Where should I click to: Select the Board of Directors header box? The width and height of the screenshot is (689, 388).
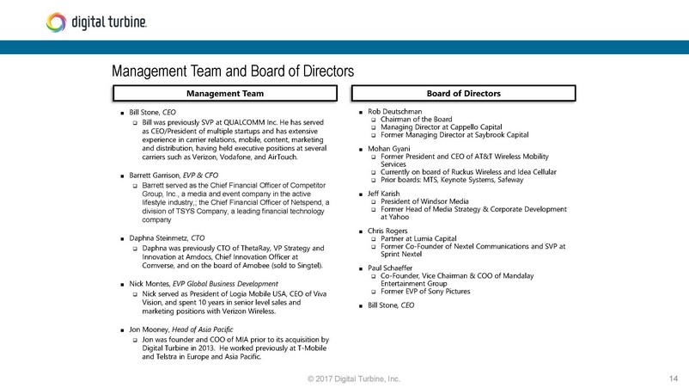(x=463, y=92)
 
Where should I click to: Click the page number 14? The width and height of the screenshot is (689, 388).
(x=672, y=379)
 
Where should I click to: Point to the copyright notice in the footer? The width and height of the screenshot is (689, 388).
(x=346, y=379)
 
